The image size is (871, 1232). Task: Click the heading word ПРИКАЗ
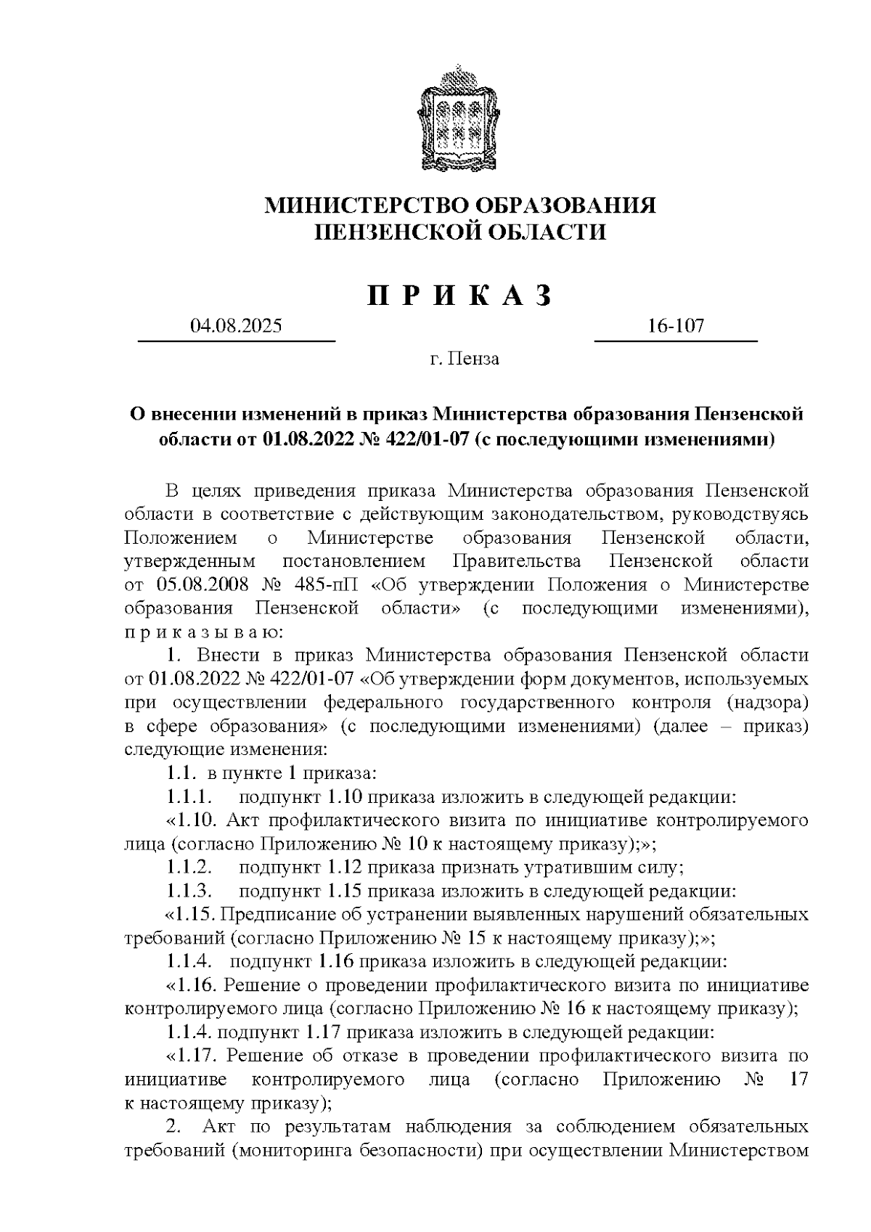tap(460, 295)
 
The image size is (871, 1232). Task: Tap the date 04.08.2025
tap(236, 326)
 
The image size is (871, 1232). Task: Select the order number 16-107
tap(676, 326)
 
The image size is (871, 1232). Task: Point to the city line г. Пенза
tap(464, 359)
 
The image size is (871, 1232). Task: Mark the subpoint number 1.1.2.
tap(188, 867)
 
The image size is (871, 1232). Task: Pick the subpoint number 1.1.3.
tap(188, 890)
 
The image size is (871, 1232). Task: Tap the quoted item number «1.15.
tap(192, 913)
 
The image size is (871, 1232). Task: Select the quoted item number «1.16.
tap(192, 985)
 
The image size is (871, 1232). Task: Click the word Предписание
tap(273, 913)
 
